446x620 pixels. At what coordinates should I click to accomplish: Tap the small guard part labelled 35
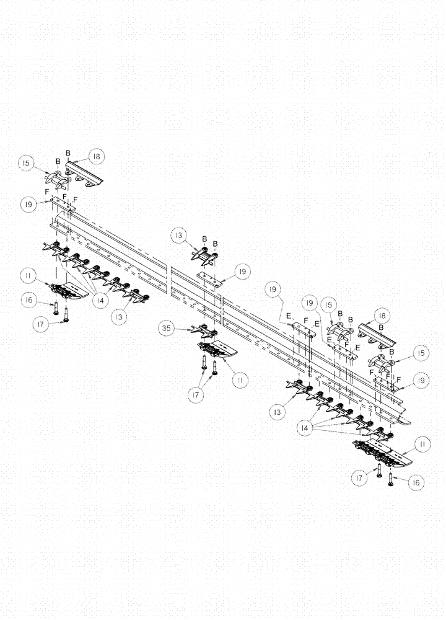[x=202, y=330]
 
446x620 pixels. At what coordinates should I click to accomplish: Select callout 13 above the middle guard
[x=179, y=236]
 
